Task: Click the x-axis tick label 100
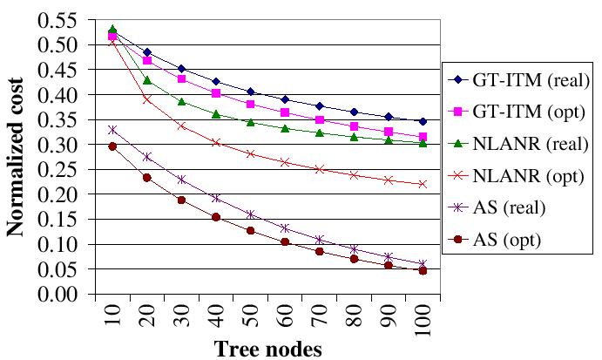[x=423, y=322]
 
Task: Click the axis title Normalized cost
[x=17, y=157]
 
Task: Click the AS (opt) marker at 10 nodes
[x=112, y=146]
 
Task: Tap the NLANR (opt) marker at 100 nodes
[x=422, y=184]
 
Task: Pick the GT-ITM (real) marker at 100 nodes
[x=422, y=121]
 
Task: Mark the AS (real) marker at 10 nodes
[x=112, y=130]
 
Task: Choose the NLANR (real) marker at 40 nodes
[x=215, y=114]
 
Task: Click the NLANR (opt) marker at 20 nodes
[x=147, y=99]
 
